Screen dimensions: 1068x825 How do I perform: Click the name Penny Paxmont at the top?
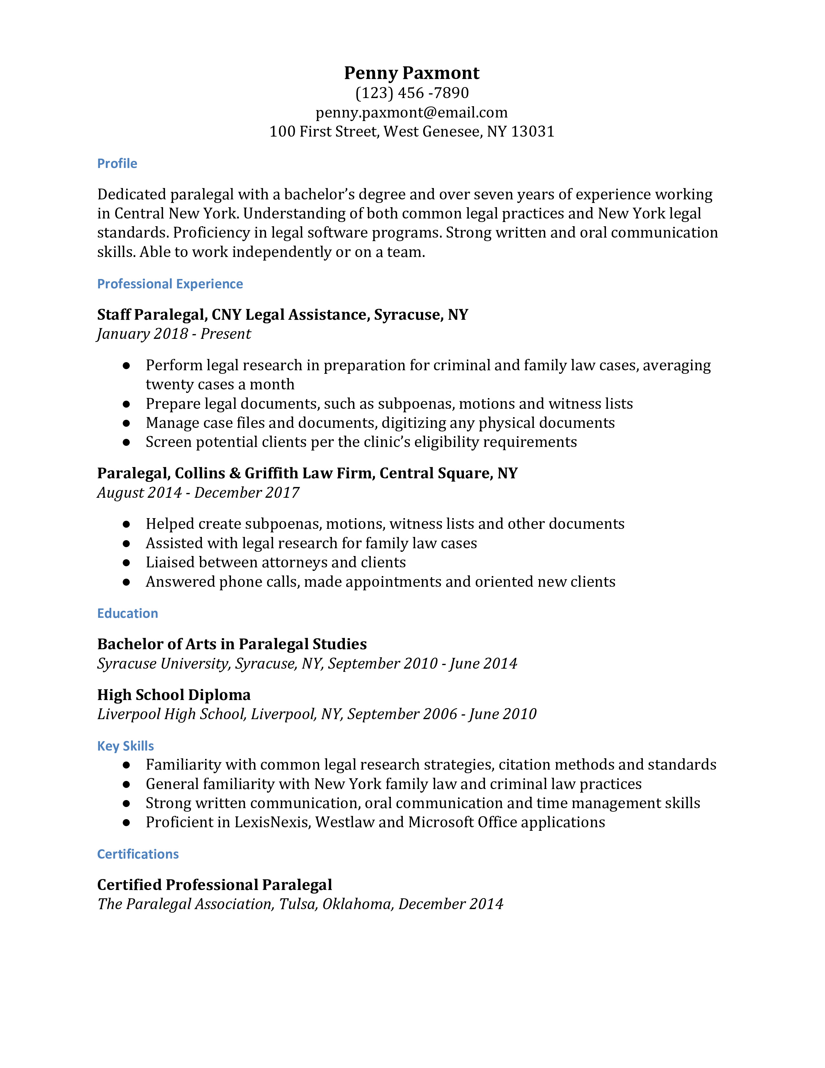(412, 73)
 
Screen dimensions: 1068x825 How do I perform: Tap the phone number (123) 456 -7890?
(412, 93)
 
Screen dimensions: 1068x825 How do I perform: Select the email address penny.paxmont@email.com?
(412, 113)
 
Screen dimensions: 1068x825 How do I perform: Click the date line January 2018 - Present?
(174, 334)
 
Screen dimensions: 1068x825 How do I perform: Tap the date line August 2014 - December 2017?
(198, 493)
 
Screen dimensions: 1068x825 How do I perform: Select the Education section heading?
(127, 613)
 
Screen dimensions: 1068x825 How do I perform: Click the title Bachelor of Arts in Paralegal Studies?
(232, 644)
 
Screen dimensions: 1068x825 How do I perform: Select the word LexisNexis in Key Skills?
(272, 822)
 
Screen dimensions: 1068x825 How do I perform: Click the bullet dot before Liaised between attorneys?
(126, 563)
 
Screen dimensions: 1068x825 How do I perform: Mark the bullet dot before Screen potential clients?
(126, 442)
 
